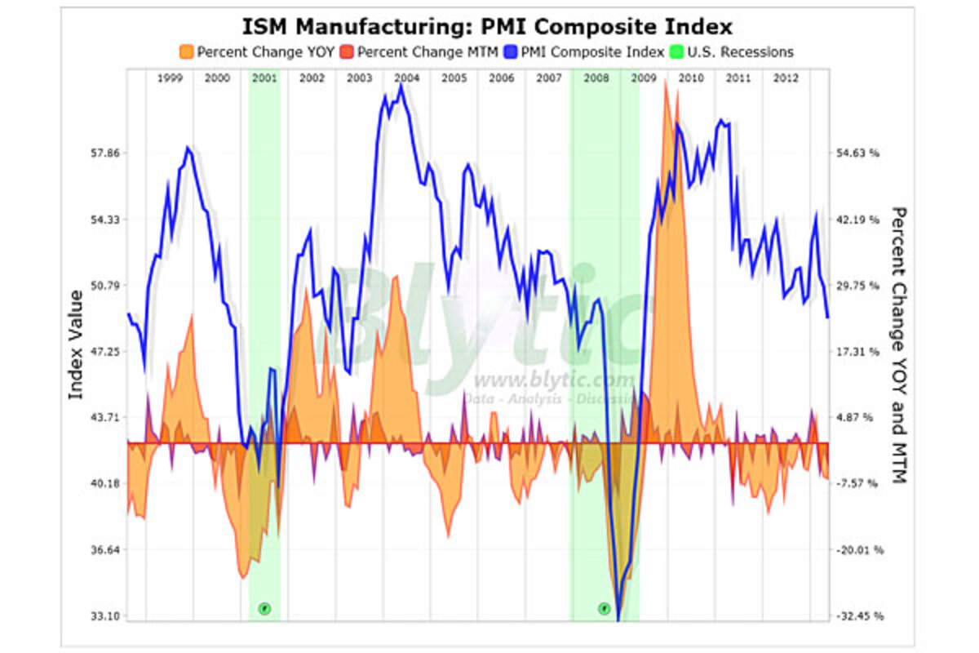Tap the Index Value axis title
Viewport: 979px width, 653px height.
(76, 344)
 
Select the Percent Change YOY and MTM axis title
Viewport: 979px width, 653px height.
(897, 344)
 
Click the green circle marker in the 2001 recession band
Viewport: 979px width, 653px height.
(264, 608)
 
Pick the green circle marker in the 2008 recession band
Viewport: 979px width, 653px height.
(604, 608)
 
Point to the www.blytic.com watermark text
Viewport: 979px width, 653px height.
(553, 380)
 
